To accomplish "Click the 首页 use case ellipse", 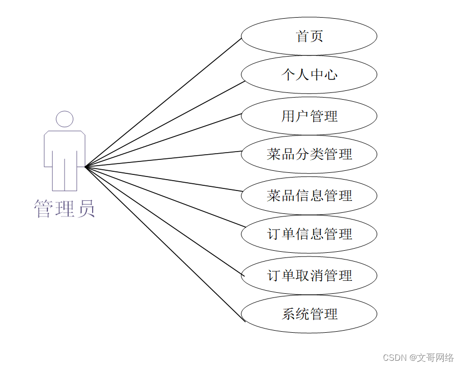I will click(309, 36).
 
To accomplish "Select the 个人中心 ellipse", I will click(309, 75).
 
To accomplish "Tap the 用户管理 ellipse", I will click(309, 116).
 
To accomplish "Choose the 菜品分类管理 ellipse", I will click(309, 154).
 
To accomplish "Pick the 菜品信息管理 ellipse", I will click(309, 195).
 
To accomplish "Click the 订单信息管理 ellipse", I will click(309, 234).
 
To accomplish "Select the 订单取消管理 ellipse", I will click(309, 275).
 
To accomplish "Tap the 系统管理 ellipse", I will click(309, 314).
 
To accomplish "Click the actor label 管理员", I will click(65, 209).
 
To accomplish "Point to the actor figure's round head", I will click(65, 119).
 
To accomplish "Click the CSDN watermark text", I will click(418, 358).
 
